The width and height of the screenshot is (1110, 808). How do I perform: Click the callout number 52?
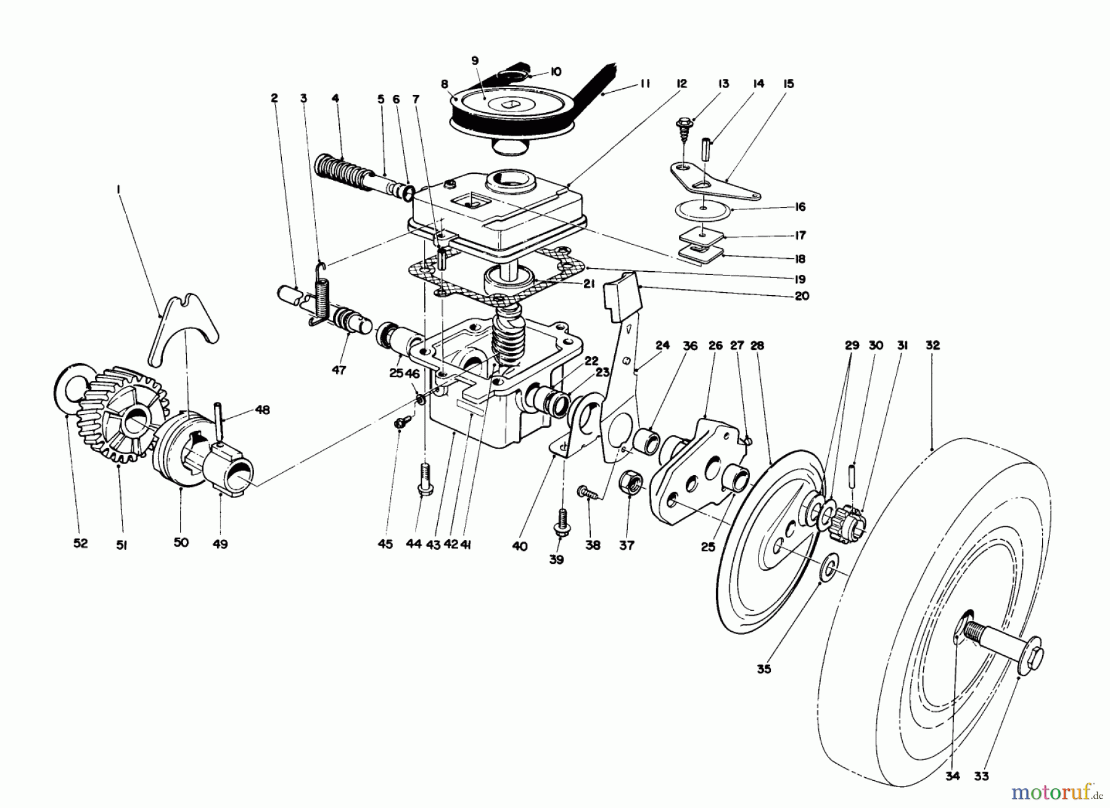click(x=80, y=543)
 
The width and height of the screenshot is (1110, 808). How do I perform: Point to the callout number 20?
click(x=801, y=296)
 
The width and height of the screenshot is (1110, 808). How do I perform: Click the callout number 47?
click(x=339, y=370)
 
